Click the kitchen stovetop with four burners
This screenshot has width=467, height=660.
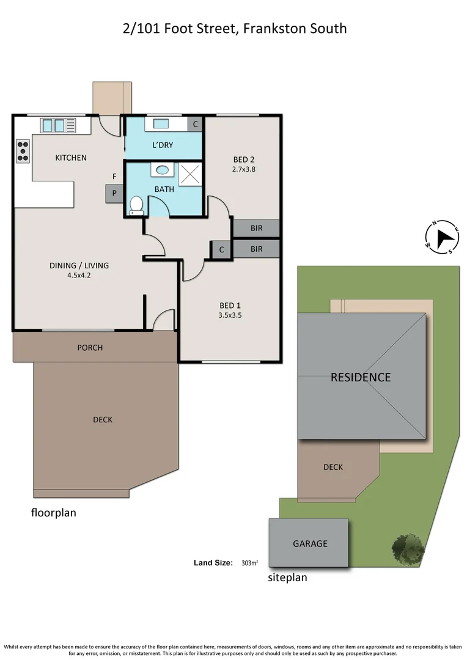[x=23, y=151]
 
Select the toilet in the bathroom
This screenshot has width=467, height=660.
[x=136, y=205]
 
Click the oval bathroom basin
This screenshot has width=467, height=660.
[x=163, y=170]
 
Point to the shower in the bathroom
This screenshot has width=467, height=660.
[x=189, y=174]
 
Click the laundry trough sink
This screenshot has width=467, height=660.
[x=161, y=124]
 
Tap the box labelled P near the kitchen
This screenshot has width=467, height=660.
[x=114, y=194]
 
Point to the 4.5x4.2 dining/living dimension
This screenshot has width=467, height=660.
[x=79, y=275]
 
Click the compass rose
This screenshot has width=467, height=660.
[x=443, y=237]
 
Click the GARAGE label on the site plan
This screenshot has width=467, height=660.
[x=310, y=543]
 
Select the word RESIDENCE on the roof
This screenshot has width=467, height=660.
[x=360, y=377]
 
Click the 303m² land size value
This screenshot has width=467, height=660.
[x=249, y=563]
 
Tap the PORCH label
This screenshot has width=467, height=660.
[x=90, y=348]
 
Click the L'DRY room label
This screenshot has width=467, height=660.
[x=163, y=145]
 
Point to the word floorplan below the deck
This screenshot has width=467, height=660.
[x=54, y=513]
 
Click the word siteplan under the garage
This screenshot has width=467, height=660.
[x=287, y=577]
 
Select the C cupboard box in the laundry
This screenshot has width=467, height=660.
[x=195, y=124]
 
